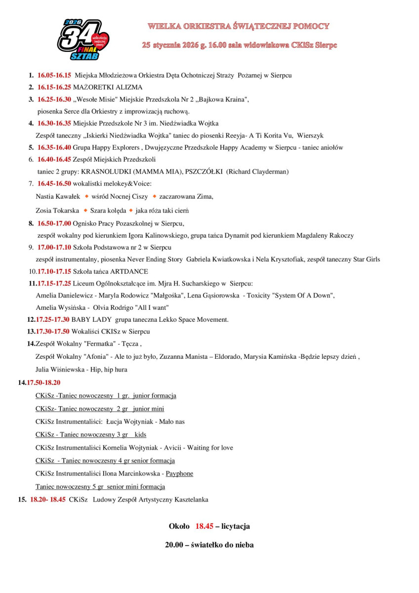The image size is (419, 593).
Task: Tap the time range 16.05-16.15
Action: [x=54, y=76]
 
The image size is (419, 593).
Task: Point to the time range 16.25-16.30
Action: [x=54, y=99]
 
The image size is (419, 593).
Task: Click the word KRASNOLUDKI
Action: [x=105, y=171]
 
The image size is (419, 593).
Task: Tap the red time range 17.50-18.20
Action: [x=43, y=382]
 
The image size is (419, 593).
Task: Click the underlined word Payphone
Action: [x=179, y=473]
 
